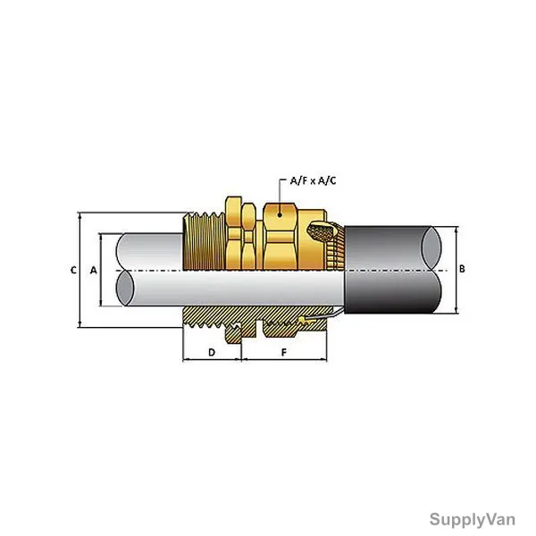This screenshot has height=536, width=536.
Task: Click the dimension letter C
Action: pos(73,270)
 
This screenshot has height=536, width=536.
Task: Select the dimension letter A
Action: pos(93,270)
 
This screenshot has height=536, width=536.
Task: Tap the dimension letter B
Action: pos(462,269)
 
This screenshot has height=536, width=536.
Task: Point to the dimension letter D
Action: pos(212,353)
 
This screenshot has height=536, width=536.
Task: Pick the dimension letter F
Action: pos(284,353)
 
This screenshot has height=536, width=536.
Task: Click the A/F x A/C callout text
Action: pos(313,180)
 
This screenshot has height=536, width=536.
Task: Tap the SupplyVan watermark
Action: pos(472,520)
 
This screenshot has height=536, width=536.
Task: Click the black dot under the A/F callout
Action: pos(280,214)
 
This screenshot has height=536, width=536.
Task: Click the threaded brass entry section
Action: pos(204,241)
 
